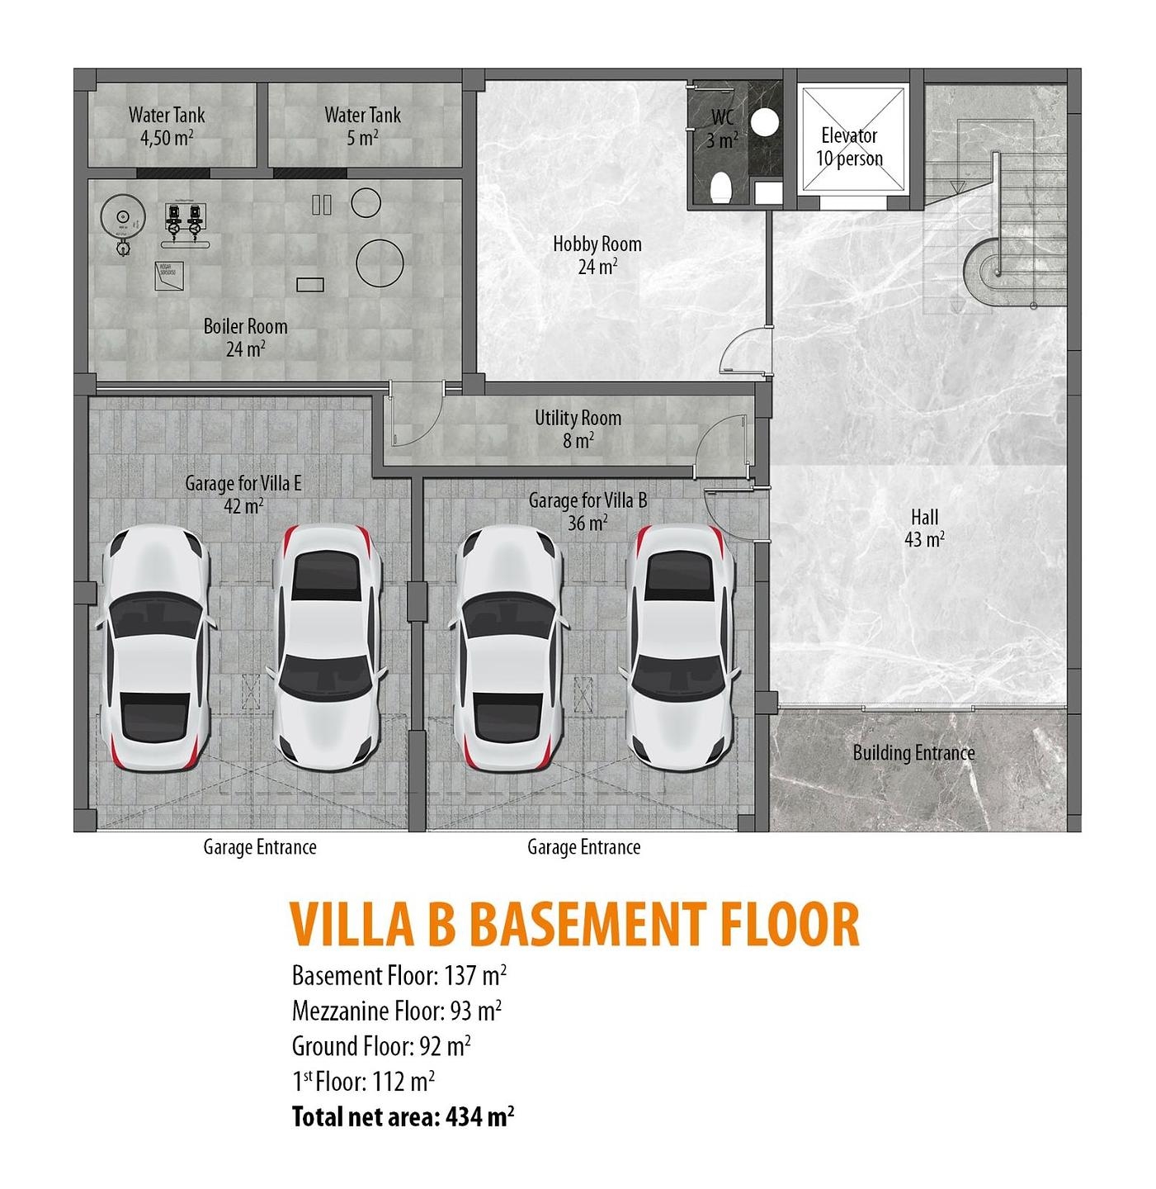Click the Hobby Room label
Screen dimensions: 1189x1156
click(x=597, y=254)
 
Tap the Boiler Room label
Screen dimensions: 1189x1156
click(x=245, y=337)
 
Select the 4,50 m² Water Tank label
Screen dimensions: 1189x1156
click(x=167, y=126)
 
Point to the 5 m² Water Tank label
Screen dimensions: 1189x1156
click(x=362, y=126)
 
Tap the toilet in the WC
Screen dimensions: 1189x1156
click(x=720, y=187)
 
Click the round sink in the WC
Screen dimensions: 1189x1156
click(x=767, y=122)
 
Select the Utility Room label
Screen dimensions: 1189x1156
click(x=578, y=429)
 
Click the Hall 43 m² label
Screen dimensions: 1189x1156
click(x=924, y=528)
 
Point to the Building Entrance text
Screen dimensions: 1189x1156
click(x=913, y=752)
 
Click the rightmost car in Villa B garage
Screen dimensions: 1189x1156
click(x=680, y=648)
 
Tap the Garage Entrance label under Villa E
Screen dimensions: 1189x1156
click(x=260, y=847)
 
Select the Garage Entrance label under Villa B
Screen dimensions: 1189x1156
click(x=583, y=847)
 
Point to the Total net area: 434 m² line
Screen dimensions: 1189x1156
click(x=403, y=1117)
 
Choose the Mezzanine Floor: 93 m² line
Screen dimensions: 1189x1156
click(x=397, y=1011)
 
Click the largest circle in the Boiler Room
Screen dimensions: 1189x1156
click(x=380, y=263)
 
